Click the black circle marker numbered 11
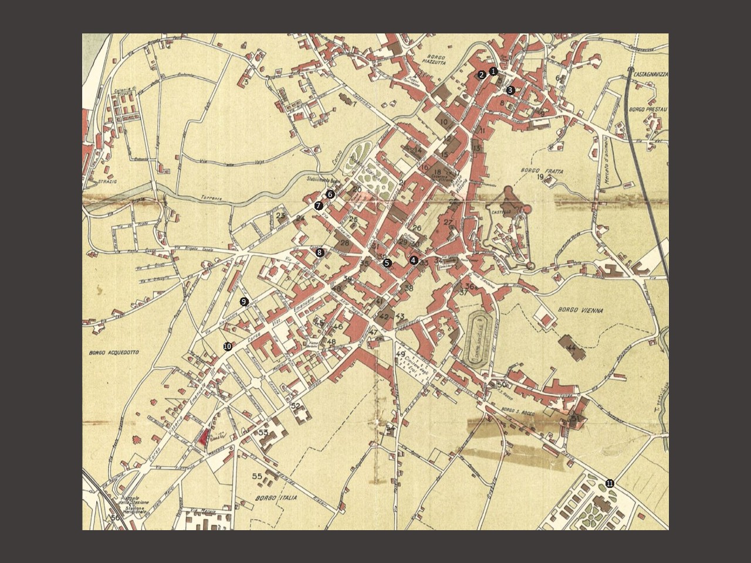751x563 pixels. pos(610,484)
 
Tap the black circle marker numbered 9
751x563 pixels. pos(244,301)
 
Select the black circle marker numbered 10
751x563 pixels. pos(227,347)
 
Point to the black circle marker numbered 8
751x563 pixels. pos(320,253)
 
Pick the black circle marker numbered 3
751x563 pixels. pos(510,90)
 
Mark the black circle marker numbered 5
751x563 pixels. pos(387,263)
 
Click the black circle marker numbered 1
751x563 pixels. pos(493,72)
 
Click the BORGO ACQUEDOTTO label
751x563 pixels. pos(114,352)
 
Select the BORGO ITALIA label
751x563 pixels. pos(276,498)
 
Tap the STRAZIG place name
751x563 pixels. pos(108,182)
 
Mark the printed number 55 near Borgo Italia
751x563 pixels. pos(256,476)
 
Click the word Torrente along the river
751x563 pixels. pos(211,198)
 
